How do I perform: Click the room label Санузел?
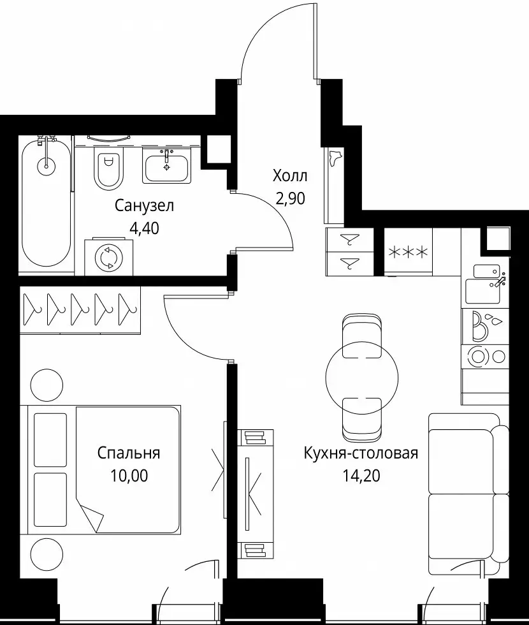(x=144, y=206)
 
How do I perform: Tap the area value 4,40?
(x=144, y=228)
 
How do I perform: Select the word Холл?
(x=289, y=176)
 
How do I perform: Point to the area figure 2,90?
(x=291, y=198)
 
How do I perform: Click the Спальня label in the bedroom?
(x=129, y=453)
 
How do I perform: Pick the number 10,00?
(x=129, y=476)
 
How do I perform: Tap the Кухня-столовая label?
(x=361, y=453)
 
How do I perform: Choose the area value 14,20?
(x=361, y=476)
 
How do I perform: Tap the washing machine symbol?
(x=109, y=256)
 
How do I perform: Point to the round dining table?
(x=362, y=378)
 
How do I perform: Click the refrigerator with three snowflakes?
(x=408, y=251)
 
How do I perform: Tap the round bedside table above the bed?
(x=47, y=385)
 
